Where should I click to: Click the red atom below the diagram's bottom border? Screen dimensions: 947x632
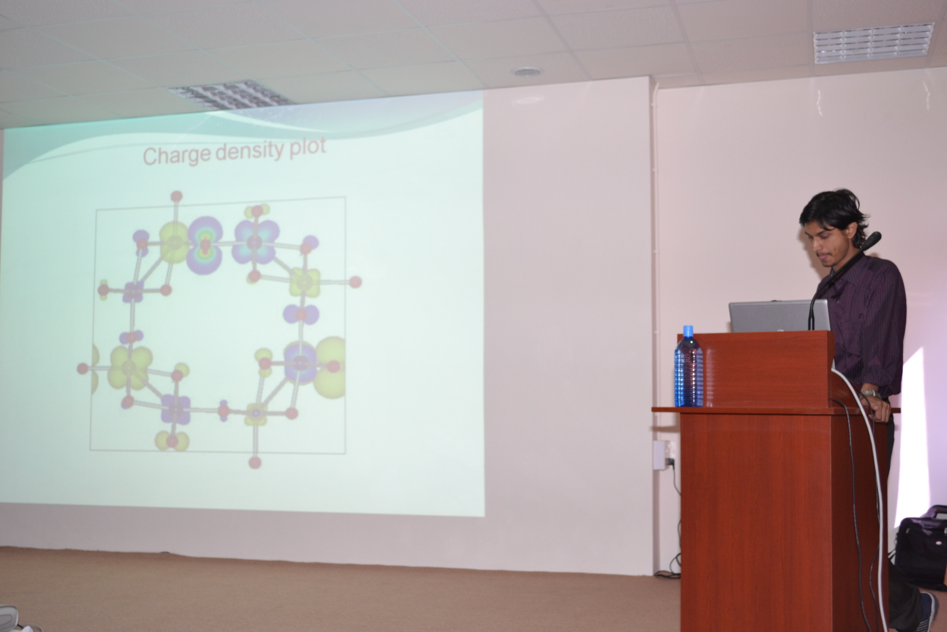tap(255, 462)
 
